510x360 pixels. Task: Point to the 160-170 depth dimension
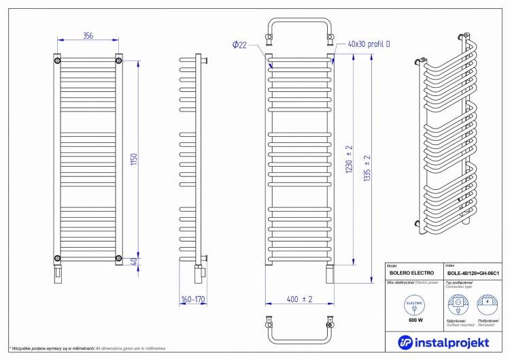[x=193, y=299]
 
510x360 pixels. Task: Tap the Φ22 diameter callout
[x=239, y=44]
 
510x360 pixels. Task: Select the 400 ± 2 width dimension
[x=299, y=299]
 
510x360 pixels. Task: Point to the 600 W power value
[x=415, y=320]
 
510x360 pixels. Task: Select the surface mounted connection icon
[x=458, y=304]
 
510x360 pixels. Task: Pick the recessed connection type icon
[x=487, y=304]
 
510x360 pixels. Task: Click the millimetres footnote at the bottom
[x=88, y=348]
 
